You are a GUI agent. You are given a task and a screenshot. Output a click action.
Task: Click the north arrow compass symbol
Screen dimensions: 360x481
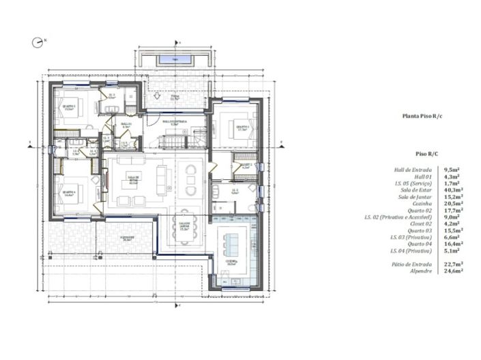pyautogui.click(x=37, y=42)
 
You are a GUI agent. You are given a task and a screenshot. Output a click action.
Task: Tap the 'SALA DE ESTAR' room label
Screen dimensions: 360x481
pyautogui.click(x=133, y=178)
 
